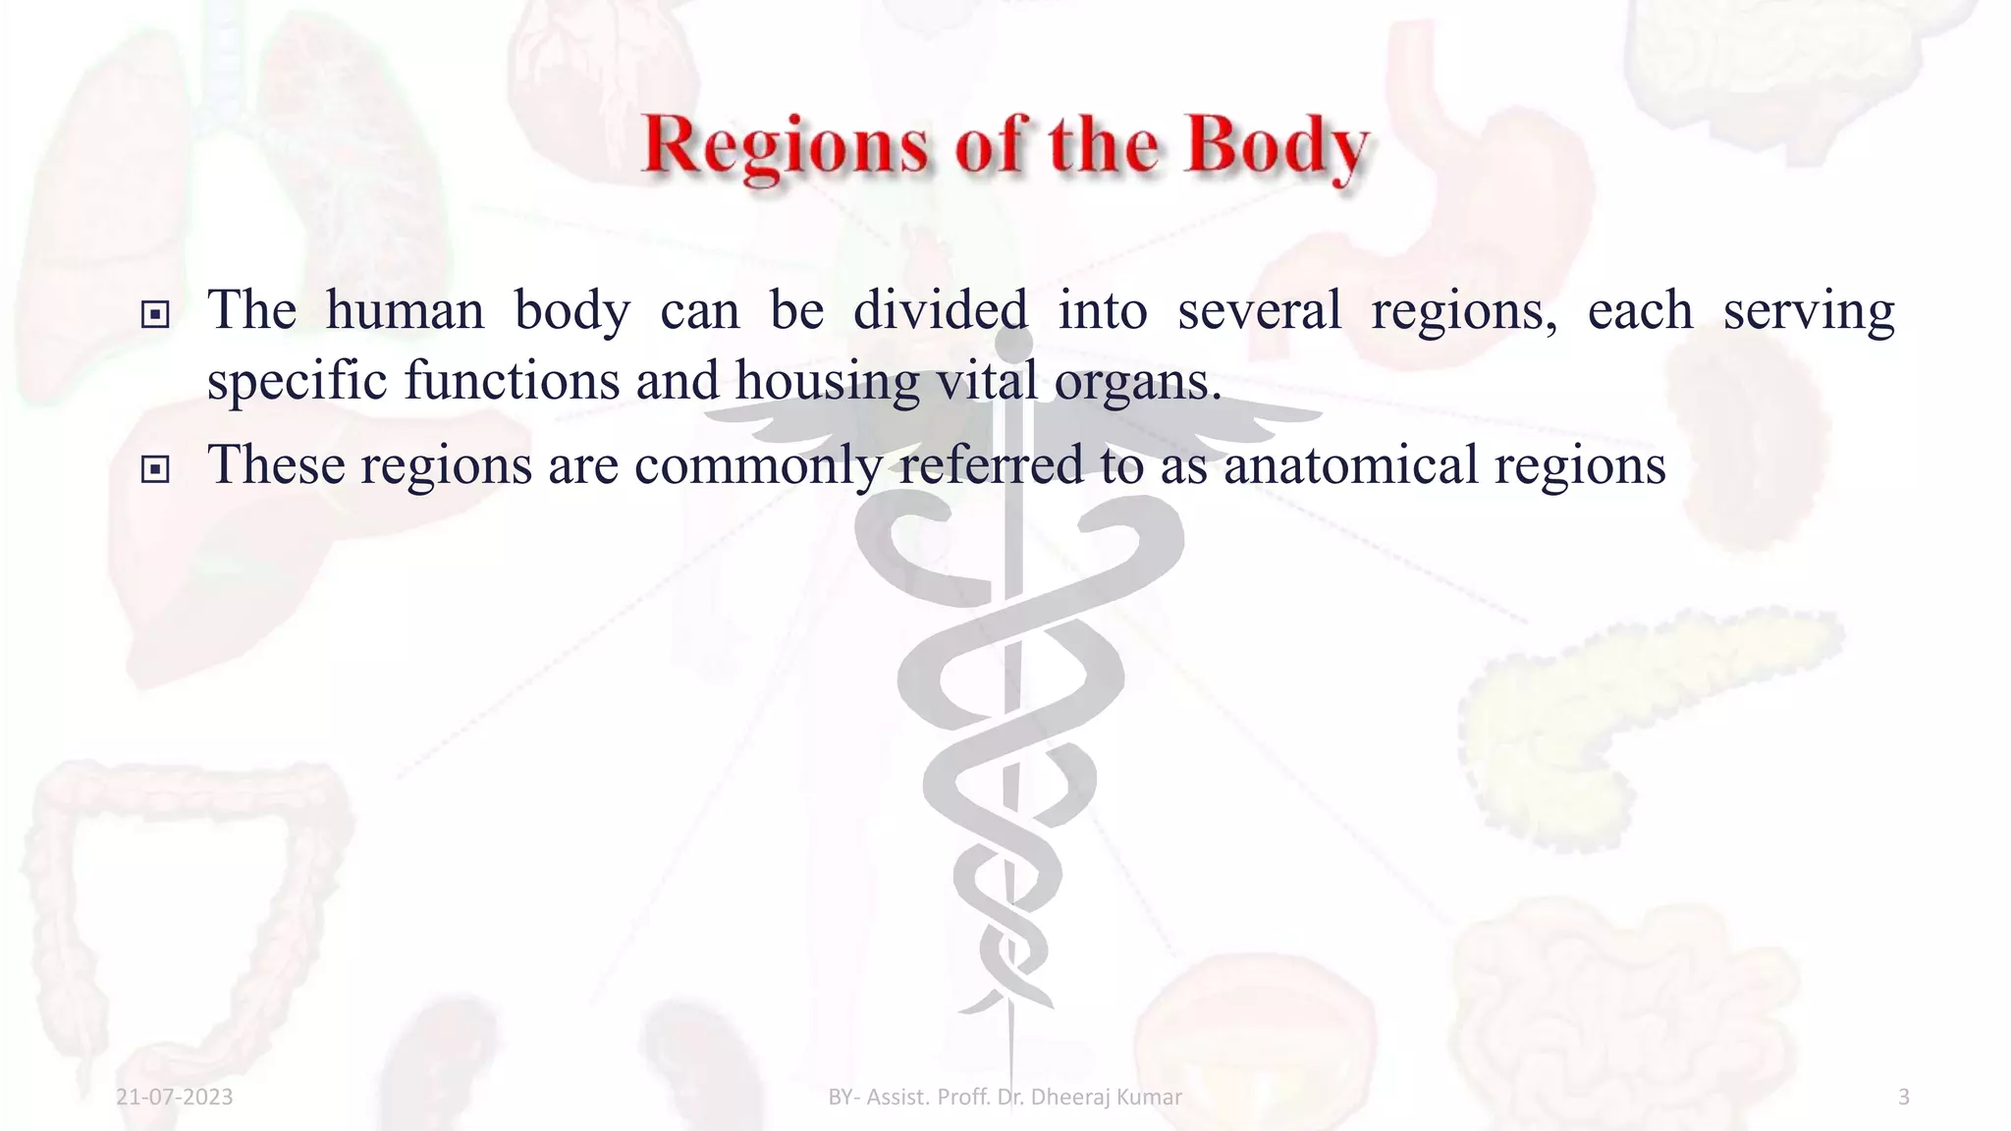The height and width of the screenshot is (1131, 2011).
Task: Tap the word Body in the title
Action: pos(1277,147)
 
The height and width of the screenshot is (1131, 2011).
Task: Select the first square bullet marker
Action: pos(154,315)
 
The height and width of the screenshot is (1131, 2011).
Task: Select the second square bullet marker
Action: pos(154,470)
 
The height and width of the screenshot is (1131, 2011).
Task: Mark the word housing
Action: pos(827,381)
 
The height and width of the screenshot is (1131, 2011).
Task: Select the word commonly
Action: pos(758,465)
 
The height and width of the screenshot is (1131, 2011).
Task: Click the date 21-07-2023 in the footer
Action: pos(175,1097)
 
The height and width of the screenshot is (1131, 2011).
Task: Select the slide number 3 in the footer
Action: pos(1903,1097)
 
